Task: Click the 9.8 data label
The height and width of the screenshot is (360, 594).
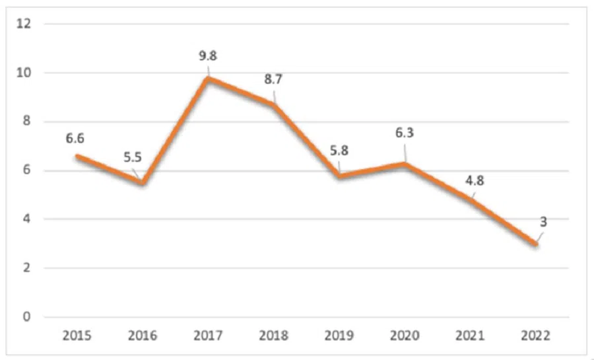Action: tap(208, 55)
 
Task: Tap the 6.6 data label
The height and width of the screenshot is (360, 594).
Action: tap(75, 139)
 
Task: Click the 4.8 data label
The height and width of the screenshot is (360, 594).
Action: tap(473, 180)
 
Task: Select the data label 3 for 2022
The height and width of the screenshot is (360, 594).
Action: tap(543, 222)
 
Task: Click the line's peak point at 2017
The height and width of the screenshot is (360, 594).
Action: tap(208, 78)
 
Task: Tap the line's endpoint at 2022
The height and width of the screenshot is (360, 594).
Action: tap(536, 244)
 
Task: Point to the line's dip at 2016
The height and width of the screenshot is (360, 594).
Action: tap(142, 182)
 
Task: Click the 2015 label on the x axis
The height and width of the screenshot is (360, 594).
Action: tap(77, 336)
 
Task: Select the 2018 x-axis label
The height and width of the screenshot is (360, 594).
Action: tap(273, 336)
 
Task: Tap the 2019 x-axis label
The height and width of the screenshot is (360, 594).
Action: tap(339, 336)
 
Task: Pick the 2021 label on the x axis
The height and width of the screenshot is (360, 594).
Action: tap(471, 336)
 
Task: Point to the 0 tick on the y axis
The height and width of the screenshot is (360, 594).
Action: tap(27, 317)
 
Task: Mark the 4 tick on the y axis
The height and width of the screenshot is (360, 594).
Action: tap(27, 219)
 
